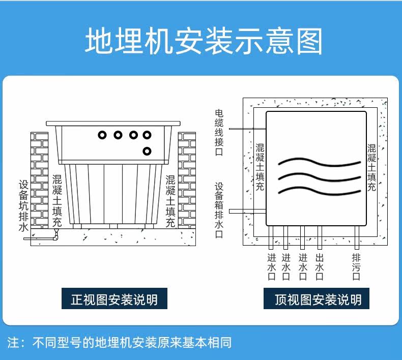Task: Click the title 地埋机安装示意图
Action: tap(204, 42)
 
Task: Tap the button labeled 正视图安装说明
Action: tap(114, 299)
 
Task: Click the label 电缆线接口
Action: tap(219, 132)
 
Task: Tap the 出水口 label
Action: tap(320, 267)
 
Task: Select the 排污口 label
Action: tap(356, 267)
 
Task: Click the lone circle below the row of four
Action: tap(147, 151)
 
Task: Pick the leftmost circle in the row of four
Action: tap(102, 135)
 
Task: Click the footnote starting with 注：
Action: tap(120, 342)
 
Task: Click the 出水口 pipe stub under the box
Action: tap(320, 236)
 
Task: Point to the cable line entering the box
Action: tap(247, 129)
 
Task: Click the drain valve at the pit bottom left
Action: tap(56, 234)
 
